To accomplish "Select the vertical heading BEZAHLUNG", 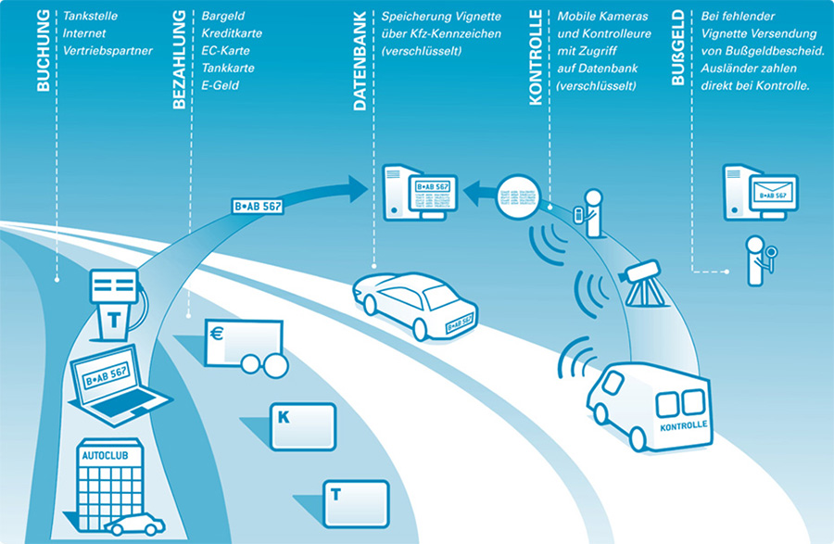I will pos(180,59).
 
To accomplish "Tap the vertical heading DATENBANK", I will pos(360,61).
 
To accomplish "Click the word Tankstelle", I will pos(91,16).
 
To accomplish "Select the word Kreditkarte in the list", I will pos(232,33).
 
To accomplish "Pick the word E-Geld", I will pos(220,85).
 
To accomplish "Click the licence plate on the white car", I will pos(459,322).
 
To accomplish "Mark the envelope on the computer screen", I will pos(772,192).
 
